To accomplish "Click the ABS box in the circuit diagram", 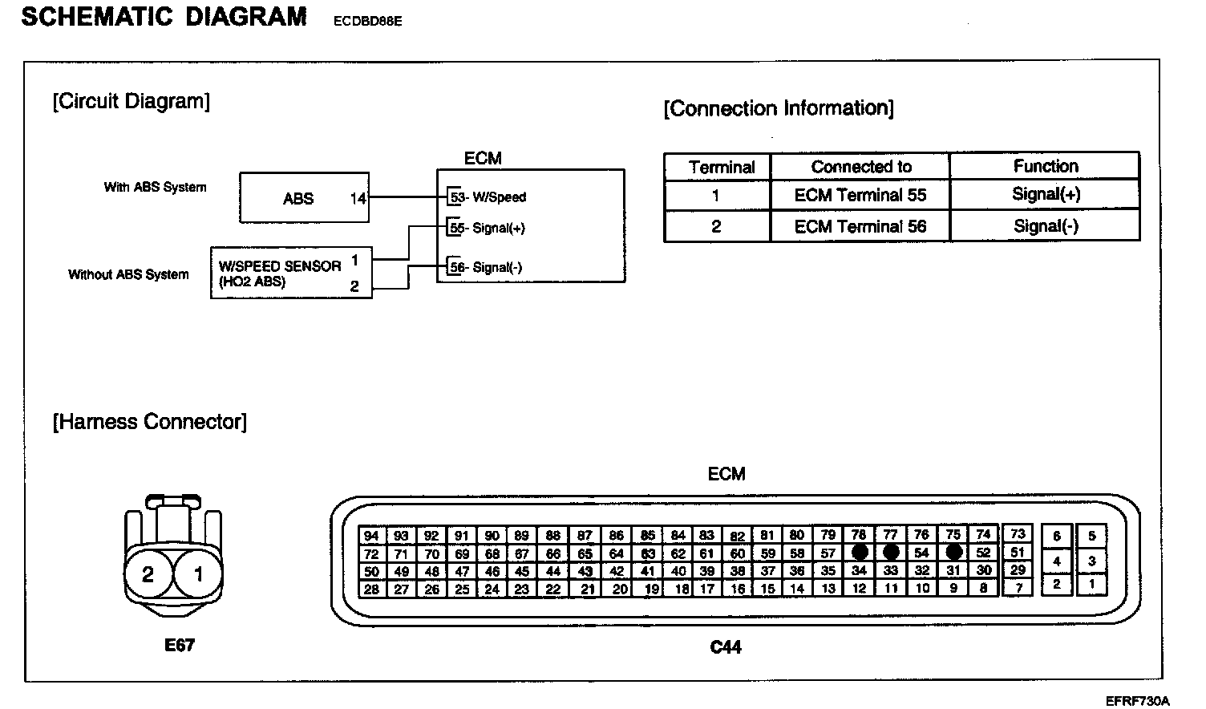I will pos(304,198).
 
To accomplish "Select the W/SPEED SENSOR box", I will pos(291,273).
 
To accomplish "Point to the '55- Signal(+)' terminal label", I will pos(488,229).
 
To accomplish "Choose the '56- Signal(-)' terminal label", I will pos(486,268).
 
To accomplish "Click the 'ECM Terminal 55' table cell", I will pos(860,195).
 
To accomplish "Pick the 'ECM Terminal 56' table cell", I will pos(860,227).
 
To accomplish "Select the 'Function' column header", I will pos(1045,166).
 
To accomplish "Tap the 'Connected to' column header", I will pos(860,167).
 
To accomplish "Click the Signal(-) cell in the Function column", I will pos(1045,226).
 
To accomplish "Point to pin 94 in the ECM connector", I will pos(370,536).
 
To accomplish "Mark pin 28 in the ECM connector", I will pos(370,589).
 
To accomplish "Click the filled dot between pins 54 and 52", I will pos(953,553).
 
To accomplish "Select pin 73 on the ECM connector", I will pos(1018,533).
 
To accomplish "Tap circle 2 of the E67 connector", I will pos(148,574).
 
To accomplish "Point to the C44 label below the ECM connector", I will pos(726,646).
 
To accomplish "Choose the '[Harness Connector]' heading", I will pos(150,422).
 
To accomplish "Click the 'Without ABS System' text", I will pos(128,274).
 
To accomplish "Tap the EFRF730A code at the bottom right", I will pos(1137,700).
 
